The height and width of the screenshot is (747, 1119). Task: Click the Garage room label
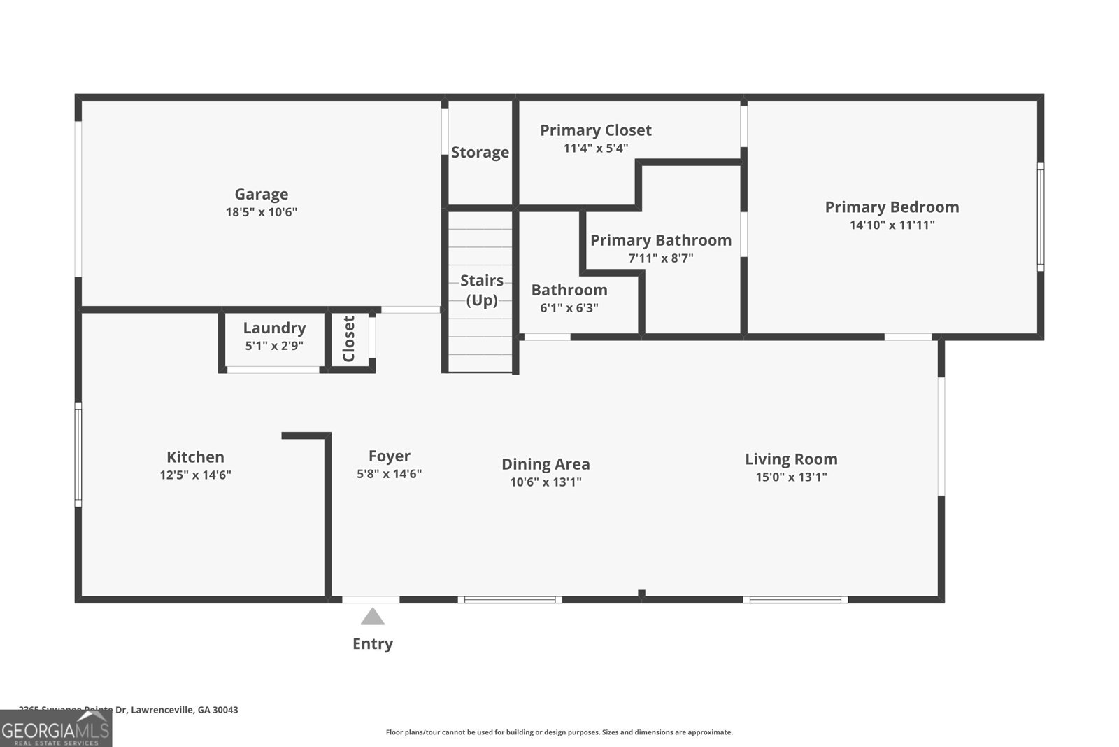pyautogui.click(x=261, y=194)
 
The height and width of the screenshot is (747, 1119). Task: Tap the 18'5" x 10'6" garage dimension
pyautogui.click(x=261, y=212)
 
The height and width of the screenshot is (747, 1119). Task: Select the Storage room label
pyautogui.click(x=480, y=152)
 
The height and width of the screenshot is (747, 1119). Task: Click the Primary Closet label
pyautogui.click(x=595, y=130)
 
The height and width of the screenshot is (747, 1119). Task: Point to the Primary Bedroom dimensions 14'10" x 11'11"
pyautogui.click(x=892, y=225)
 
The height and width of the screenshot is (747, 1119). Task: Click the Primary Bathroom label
pyautogui.click(x=660, y=240)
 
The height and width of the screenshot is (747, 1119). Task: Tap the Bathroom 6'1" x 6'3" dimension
pyautogui.click(x=569, y=307)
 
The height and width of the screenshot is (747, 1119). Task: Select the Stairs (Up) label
pyautogui.click(x=481, y=290)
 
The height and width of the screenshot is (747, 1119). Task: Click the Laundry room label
pyautogui.click(x=274, y=328)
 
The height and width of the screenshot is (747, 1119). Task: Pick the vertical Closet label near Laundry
pyautogui.click(x=349, y=339)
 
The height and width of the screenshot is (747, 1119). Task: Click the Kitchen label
pyautogui.click(x=195, y=457)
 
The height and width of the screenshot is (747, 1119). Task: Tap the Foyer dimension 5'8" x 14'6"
pyautogui.click(x=389, y=474)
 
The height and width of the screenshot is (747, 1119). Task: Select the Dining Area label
pyautogui.click(x=546, y=464)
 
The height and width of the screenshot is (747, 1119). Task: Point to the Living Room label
pyautogui.click(x=791, y=459)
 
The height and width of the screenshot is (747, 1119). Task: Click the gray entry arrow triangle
pyautogui.click(x=372, y=617)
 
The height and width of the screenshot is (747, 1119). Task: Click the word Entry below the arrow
pyautogui.click(x=372, y=643)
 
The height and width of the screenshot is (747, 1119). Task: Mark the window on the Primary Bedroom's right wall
pyautogui.click(x=1040, y=217)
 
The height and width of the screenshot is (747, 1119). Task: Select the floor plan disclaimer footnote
pyautogui.click(x=559, y=732)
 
